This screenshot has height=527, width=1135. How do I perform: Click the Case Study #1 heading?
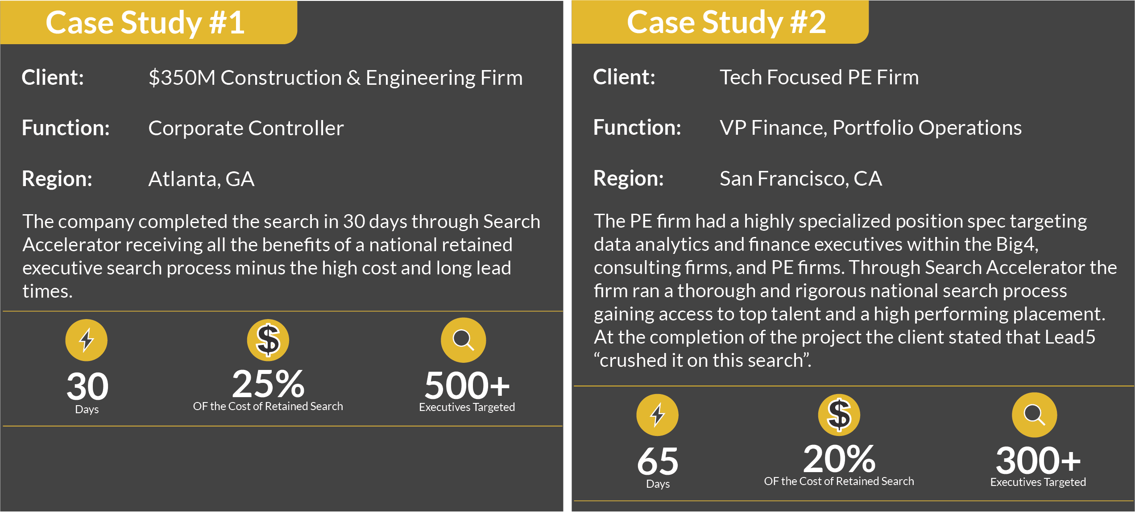click(x=145, y=23)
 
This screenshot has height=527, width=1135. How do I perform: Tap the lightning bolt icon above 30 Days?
click(x=87, y=340)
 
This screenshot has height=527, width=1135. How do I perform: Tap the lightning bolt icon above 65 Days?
click(x=658, y=415)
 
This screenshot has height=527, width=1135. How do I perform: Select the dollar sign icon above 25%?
click(x=268, y=340)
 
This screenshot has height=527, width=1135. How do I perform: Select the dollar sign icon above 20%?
click(x=839, y=415)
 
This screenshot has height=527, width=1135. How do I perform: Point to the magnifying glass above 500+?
click(x=464, y=340)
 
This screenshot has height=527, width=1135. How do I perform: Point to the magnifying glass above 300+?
click(x=1035, y=415)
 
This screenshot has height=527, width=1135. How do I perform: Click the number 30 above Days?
click(x=87, y=386)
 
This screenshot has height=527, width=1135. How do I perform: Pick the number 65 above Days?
click(x=658, y=461)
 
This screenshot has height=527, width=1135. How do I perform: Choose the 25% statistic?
click(x=268, y=384)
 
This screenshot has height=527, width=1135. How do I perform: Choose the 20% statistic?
click(x=839, y=459)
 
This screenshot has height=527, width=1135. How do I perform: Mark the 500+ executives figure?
click(x=467, y=386)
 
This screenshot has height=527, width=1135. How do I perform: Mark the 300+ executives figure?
click(x=1038, y=461)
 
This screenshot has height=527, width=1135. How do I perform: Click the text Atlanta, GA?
click(x=201, y=179)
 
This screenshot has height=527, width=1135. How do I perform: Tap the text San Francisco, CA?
click(x=801, y=178)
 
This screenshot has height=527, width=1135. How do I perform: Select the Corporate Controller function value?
click(x=246, y=129)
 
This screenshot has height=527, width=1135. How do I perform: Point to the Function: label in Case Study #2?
click(x=637, y=128)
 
